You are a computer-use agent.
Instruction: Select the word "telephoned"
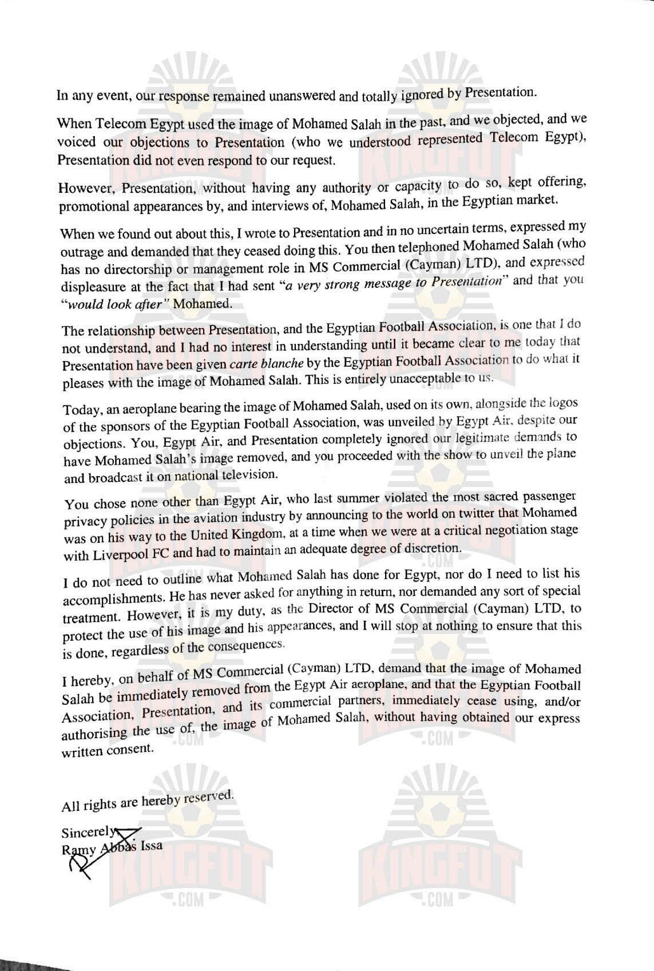422,244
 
